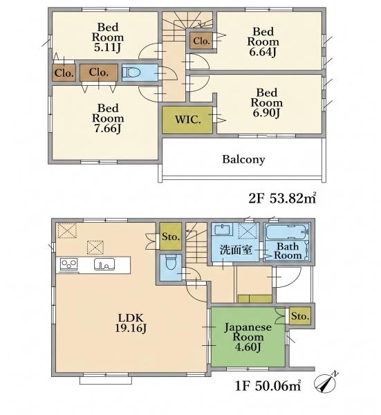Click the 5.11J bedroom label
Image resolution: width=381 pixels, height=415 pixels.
pyautogui.click(x=108, y=37)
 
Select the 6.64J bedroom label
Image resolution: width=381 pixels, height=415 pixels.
pyautogui.click(x=263, y=42)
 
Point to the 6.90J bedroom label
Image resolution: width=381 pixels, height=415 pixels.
pyautogui.click(x=266, y=103)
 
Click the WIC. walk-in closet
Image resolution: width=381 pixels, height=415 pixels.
pyautogui.click(x=187, y=120)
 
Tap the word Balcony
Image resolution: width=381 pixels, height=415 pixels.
pyautogui.click(x=243, y=159)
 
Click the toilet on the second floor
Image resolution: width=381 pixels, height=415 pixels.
pyautogui.click(x=129, y=72)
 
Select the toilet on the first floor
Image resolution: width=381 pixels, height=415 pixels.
pyautogui.click(x=170, y=261)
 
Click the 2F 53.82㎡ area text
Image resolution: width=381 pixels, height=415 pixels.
pyautogui.click(x=282, y=199)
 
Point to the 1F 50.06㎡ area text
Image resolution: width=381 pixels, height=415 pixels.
pyautogui.click(x=268, y=386)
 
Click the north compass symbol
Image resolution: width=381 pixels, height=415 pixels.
pyautogui.click(x=326, y=382)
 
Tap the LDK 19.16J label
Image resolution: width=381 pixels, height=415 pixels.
pyautogui.click(x=131, y=323)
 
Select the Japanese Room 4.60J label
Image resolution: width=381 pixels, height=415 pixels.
pyautogui.click(x=248, y=338)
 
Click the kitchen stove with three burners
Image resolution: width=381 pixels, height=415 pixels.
pyautogui.click(x=68, y=264)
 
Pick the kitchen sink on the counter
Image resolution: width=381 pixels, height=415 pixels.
pyautogui.click(x=104, y=264)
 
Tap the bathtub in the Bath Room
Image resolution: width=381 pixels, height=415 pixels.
pyautogui.click(x=288, y=232)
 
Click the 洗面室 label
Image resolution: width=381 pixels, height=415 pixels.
pyautogui.click(x=236, y=250)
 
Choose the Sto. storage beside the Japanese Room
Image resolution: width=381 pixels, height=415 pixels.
pyautogui.click(x=300, y=316)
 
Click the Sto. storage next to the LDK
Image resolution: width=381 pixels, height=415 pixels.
pyautogui.click(x=171, y=237)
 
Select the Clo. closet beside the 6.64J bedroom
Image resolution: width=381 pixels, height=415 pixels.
pyautogui.click(x=201, y=41)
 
